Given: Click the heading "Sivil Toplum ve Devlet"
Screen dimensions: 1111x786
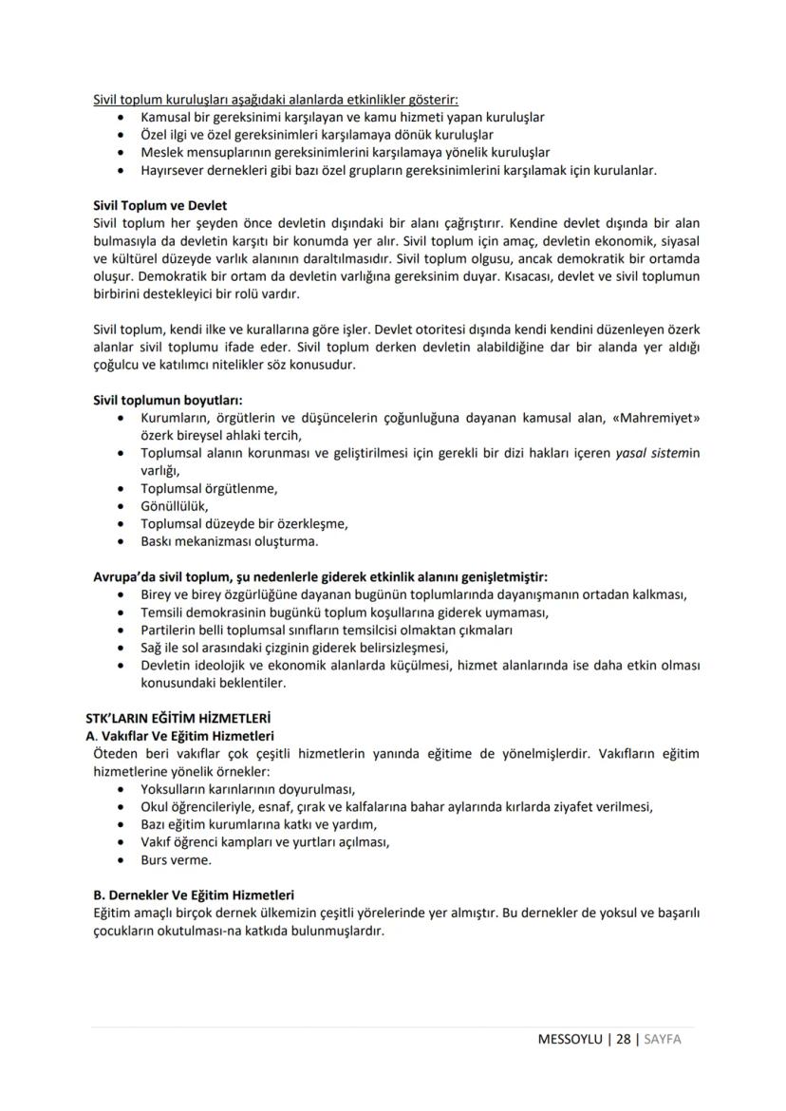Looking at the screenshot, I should pos(159,205).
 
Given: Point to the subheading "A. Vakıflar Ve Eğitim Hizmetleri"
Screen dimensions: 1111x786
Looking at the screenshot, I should pos(179,736).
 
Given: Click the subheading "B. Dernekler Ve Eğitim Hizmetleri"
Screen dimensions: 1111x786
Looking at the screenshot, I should pos(193,894).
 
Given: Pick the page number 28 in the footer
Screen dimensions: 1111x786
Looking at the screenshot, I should pos(623,1039).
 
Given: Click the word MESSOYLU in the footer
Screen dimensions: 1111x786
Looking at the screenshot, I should pos(570,1039).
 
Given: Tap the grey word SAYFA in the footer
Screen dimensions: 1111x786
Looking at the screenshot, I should pos(663,1039).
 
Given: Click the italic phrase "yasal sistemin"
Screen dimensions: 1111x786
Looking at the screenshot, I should pos(657,453).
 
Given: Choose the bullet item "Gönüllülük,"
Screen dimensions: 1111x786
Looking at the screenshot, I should pos(174,506).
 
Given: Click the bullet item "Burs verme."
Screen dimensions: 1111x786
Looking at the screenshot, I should pos(176,860).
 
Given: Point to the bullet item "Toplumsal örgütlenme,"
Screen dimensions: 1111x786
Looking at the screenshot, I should pos(209,488).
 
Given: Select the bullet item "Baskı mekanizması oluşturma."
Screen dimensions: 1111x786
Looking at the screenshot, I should pos(229,541).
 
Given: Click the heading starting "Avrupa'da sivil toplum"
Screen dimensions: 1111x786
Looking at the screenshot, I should pos(320,576).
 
